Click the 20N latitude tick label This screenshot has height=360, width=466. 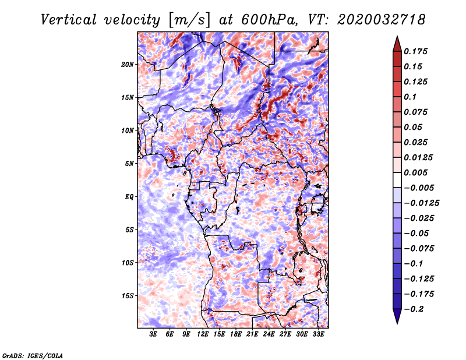tap(128, 64)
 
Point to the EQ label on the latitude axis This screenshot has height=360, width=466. tap(129, 197)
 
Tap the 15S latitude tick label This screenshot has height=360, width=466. tap(128, 296)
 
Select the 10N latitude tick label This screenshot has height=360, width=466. tap(128, 130)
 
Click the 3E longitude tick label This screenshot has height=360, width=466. tap(154, 334)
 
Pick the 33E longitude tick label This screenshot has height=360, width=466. tap(319, 334)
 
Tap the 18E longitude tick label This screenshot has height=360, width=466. tap(236, 334)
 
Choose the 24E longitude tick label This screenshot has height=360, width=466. tap(269, 334)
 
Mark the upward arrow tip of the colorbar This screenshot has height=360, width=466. tap(397, 37)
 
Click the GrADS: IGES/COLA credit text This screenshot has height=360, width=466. tap(33, 355)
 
